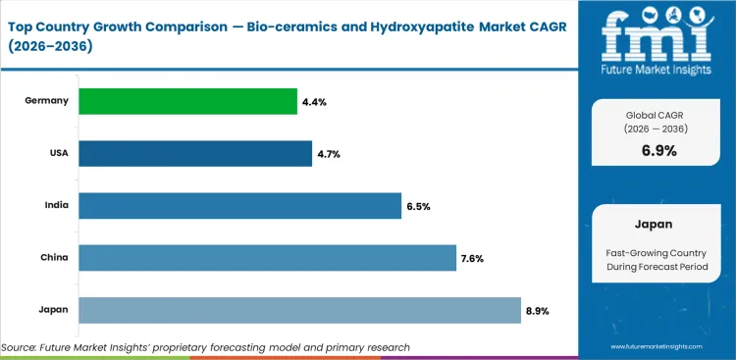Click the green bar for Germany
(x=187, y=101)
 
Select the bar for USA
(x=195, y=153)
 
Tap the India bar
(x=240, y=206)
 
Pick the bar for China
(x=267, y=258)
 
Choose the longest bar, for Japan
(x=299, y=310)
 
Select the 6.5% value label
(x=418, y=206)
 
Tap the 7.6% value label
(x=472, y=258)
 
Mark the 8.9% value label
(x=537, y=311)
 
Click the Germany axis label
(x=47, y=101)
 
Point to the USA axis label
(x=57, y=153)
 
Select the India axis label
(x=55, y=206)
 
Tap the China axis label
(x=54, y=258)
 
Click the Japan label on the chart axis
(x=54, y=310)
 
